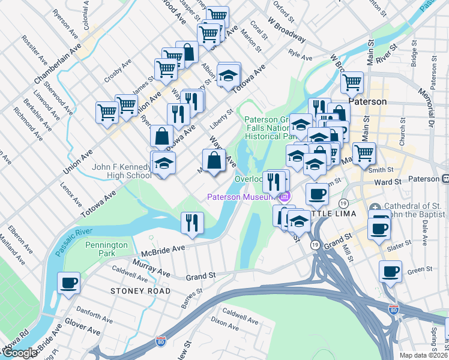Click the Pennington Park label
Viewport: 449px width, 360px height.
[106, 250]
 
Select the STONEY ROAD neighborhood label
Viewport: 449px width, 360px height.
[140, 291]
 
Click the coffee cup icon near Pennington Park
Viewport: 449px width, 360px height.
[69, 282]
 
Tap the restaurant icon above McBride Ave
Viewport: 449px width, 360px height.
[192, 223]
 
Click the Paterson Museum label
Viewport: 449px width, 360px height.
[241, 196]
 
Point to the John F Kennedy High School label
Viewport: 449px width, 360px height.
[122, 171]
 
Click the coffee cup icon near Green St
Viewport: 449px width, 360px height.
[390, 271]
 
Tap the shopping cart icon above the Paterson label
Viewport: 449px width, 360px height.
[352, 81]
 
